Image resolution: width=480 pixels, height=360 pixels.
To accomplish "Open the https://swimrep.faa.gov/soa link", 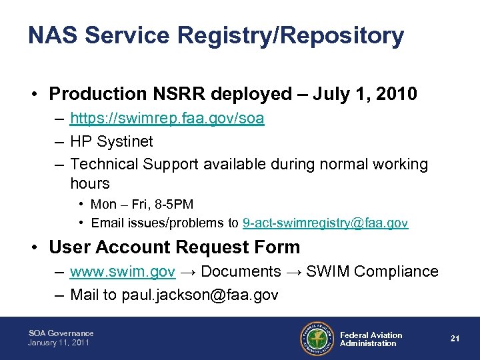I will click(x=167, y=119).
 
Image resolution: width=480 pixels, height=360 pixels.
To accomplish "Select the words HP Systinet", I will click(x=111, y=141).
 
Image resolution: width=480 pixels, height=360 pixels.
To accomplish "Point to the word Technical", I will click(x=103, y=164).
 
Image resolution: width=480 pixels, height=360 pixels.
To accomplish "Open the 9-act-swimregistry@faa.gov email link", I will click(x=325, y=223).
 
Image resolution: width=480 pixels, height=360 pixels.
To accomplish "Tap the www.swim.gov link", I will click(x=123, y=271).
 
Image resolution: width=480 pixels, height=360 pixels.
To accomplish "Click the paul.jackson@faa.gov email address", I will click(x=200, y=294).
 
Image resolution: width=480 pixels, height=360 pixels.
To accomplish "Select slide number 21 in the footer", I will click(x=455, y=339).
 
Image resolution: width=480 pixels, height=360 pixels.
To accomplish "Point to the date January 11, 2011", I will click(x=59, y=343).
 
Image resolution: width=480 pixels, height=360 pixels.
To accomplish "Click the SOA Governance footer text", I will click(x=61, y=333).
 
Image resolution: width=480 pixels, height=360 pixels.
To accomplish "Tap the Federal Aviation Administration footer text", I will click(x=371, y=339).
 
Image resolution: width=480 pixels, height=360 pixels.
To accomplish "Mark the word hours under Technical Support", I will click(x=89, y=183).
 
